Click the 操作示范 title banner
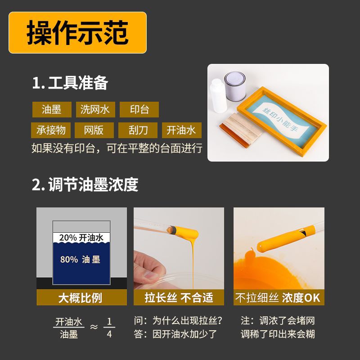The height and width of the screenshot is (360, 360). (x=77, y=32)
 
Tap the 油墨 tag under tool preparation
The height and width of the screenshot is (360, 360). (x=51, y=109)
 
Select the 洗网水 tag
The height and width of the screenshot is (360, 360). (x=95, y=109)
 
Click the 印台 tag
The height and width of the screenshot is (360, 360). (x=139, y=109)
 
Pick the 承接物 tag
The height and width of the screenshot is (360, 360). (x=51, y=130)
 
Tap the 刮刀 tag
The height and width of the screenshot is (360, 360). (x=138, y=130)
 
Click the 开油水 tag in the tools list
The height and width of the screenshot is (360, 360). (x=181, y=130)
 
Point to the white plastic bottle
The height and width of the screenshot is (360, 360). (x=219, y=96)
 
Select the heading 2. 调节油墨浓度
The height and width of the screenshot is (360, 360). (x=85, y=184)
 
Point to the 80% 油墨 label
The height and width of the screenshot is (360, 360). (x=80, y=259)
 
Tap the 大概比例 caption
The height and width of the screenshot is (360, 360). (x=81, y=297)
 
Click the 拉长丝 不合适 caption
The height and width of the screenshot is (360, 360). (x=179, y=297)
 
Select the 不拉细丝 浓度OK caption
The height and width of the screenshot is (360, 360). (x=278, y=297)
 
